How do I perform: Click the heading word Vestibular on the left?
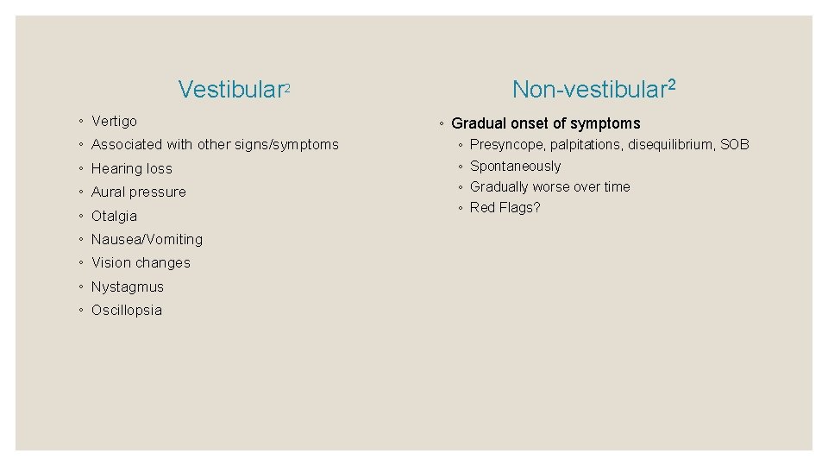[231, 90]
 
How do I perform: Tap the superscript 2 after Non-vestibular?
[671, 85]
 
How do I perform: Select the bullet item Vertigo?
[114, 122]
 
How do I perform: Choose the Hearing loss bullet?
[131, 169]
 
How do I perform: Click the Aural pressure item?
[138, 192]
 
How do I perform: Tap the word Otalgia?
[114, 217]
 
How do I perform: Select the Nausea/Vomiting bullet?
[147, 240]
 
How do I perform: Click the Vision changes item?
[141, 263]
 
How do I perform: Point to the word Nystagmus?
[127, 287]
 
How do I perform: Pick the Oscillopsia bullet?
[126, 311]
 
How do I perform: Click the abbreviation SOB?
[734, 145]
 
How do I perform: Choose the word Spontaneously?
[515, 167]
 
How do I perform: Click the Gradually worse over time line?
[549, 187]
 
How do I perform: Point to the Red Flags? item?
[505, 208]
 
